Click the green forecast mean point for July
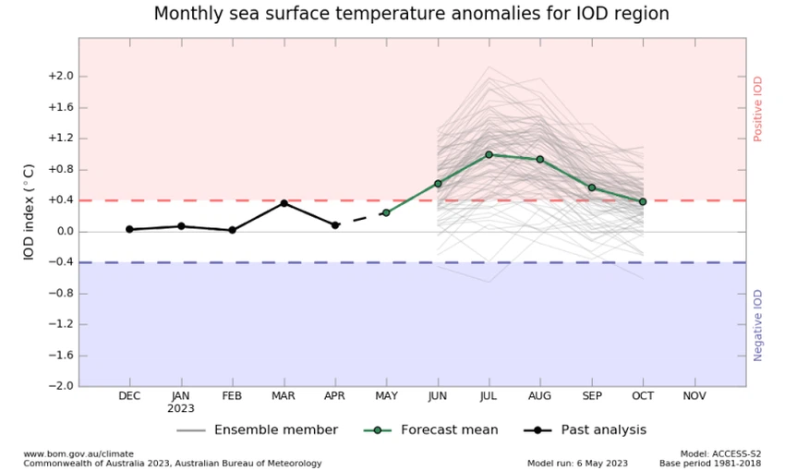point(489,154)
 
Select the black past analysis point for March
point(284,203)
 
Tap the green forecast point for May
point(386,212)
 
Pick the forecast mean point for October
point(643,201)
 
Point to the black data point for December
point(129,229)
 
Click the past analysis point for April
point(335,224)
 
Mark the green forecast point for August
point(540,159)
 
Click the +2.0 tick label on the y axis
point(60,77)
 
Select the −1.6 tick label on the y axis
point(60,356)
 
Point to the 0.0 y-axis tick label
point(62,232)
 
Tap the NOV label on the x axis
point(694,395)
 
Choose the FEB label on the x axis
point(232,395)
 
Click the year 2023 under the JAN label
point(181,408)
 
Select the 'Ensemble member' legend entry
point(275,429)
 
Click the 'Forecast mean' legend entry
point(449,429)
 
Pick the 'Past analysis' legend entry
point(603,429)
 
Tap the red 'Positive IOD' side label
point(758,108)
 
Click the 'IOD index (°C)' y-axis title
point(30,211)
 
